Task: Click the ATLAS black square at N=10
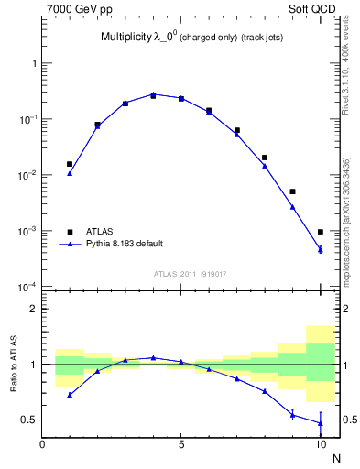click(x=321, y=232)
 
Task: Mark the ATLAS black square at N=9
click(x=292, y=191)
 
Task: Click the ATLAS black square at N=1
click(x=70, y=164)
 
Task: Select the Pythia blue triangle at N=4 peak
click(x=153, y=93)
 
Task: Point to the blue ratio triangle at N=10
click(x=321, y=422)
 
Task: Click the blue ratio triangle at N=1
click(x=70, y=395)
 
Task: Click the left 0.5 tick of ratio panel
click(x=31, y=420)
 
